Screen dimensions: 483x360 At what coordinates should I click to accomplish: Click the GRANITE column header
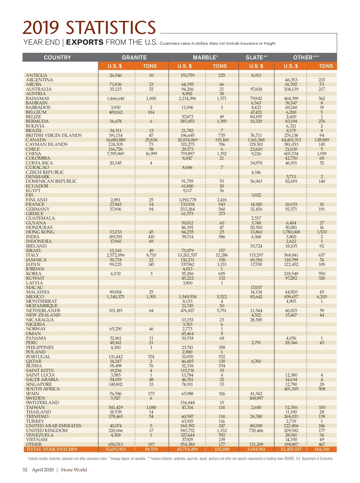pyautogui.click(x=134, y=57)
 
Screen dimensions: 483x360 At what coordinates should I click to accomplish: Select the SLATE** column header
pyautogui.click(x=256, y=57)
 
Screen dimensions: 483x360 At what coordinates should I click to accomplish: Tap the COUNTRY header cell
pyautogui.click(x=57, y=57)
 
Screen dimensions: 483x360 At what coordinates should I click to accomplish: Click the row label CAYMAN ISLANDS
pyautogui.click(x=46, y=144)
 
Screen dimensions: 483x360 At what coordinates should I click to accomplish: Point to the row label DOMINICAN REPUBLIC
pyautogui.click(x=51, y=181)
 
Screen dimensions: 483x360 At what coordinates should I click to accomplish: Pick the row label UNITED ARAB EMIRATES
pyautogui.click(x=53, y=426)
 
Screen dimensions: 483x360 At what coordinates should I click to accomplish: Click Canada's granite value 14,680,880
pyautogui.click(x=116, y=140)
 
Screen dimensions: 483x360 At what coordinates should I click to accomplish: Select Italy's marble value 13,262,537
pyautogui.click(x=187, y=255)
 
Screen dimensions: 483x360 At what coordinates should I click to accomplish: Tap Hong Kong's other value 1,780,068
pyautogui.click(x=291, y=232)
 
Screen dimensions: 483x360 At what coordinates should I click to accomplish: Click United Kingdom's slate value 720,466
pyautogui.click(x=256, y=430)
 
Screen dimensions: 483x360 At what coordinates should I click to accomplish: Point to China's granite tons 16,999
pyautogui.click(x=151, y=154)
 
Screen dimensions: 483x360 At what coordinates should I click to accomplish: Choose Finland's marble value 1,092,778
pyautogui.click(x=187, y=200)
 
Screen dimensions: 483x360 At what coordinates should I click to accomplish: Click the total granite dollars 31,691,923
pyautogui.click(x=115, y=449)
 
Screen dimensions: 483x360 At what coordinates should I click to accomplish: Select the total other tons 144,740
pyautogui.click(x=322, y=449)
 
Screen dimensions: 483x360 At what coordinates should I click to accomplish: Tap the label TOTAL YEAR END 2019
pyautogui.click(x=52, y=449)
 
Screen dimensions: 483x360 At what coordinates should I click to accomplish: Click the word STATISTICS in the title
pyautogui.click(x=111, y=28)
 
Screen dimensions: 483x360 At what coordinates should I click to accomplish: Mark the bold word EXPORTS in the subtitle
pyautogui.click(x=85, y=42)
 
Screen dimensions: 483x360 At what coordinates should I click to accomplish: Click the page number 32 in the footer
pyautogui.click(x=25, y=470)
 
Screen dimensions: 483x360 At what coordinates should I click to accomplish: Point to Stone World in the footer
pyautogui.click(x=73, y=470)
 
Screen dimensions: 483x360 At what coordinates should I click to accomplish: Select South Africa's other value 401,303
pyautogui.click(x=291, y=389)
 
